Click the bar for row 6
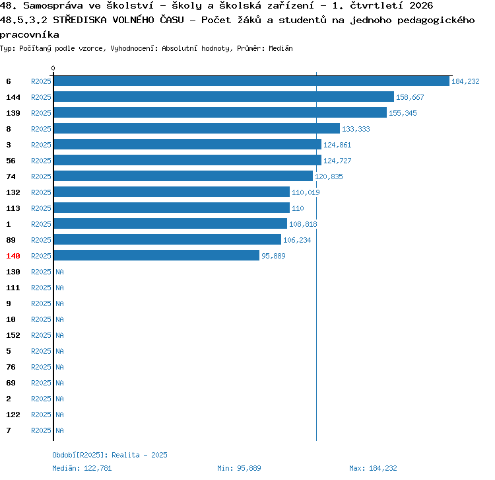(251, 81)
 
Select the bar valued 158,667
(224, 97)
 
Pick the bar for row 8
(197, 128)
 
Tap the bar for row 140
(156, 255)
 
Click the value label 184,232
(465, 81)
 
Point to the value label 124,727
(337, 161)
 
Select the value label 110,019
(306, 192)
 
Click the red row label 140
(13, 256)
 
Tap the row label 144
(13, 97)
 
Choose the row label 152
(13, 335)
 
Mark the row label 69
(11, 383)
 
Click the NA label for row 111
(59, 288)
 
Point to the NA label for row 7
(59, 430)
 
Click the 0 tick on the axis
(53, 68)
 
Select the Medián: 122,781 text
(82, 468)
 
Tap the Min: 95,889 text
(239, 468)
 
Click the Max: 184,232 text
(373, 468)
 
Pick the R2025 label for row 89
(41, 240)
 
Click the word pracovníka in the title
(30, 34)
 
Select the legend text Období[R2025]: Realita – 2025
(110, 455)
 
